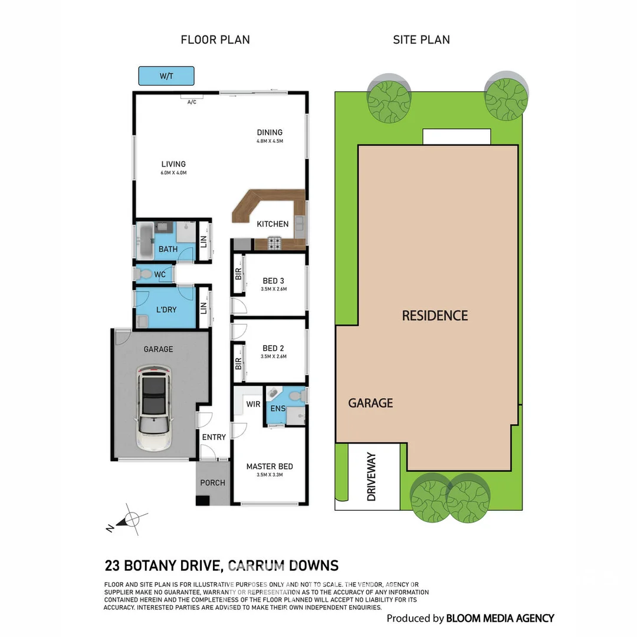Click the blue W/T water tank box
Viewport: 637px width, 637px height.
coord(166,76)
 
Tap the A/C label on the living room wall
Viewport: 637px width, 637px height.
coord(191,102)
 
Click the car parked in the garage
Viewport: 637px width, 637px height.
coord(153,407)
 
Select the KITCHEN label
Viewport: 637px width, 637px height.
coord(272,224)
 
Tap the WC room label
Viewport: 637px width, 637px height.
coord(160,275)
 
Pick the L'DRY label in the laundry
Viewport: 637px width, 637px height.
coord(166,310)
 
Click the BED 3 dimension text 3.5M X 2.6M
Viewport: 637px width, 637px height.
coord(273,289)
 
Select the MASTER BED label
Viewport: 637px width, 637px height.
coord(270,467)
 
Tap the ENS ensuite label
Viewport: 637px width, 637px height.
coord(277,409)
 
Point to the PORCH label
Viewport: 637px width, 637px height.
coord(212,482)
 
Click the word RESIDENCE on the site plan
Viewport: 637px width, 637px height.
coord(435,316)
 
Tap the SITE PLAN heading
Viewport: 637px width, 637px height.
coord(421,40)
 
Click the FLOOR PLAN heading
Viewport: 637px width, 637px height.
coord(215,40)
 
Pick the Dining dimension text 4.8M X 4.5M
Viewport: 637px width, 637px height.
coord(270,142)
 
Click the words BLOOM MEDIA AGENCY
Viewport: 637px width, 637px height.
coord(500,618)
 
